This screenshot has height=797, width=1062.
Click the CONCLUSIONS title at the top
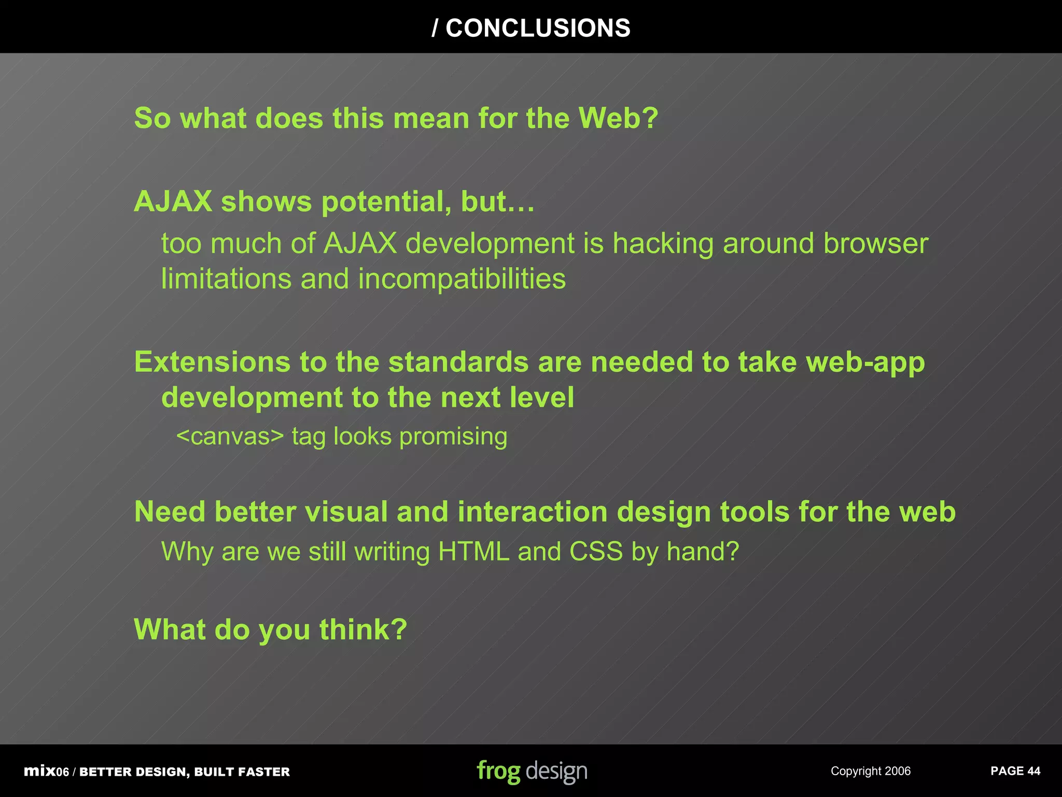(x=531, y=28)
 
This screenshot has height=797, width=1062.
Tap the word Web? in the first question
(x=618, y=118)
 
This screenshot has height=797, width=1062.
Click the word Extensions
(x=212, y=362)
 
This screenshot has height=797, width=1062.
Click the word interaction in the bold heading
(x=533, y=512)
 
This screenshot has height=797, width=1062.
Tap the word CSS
(x=596, y=552)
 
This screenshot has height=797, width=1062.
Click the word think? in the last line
(x=363, y=630)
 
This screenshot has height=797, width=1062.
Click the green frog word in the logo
(x=498, y=772)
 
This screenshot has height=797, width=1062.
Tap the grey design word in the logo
(x=556, y=772)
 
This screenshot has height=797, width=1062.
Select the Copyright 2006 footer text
(x=870, y=772)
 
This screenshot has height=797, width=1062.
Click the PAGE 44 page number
(x=1015, y=772)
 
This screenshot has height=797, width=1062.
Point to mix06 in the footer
(x=46, y=772)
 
